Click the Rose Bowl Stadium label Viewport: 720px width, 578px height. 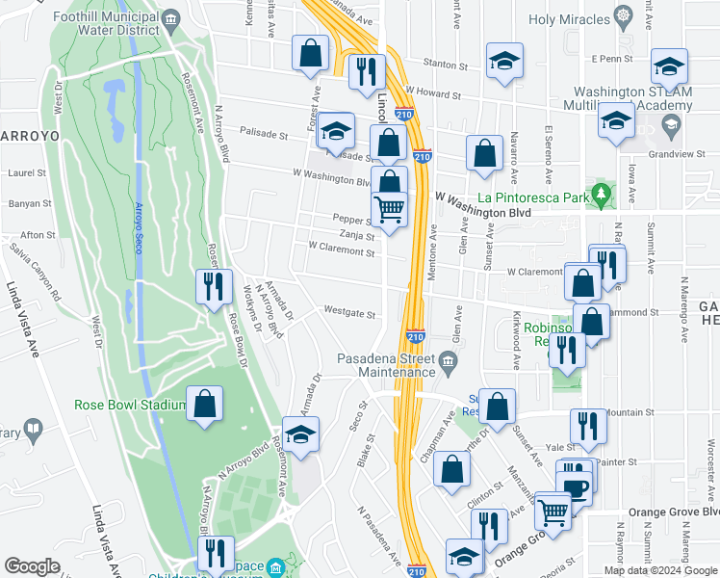pyautogui.click(x=129, y=405)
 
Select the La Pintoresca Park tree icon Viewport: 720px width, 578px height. pyautogui.click(x=603, y=196)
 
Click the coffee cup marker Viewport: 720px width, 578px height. pyautogui.click(x=577, y=487)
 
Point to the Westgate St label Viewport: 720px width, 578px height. pyautogui.click(x=348, y=312)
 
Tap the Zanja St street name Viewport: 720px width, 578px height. pyautogui.click(x=355, y=235)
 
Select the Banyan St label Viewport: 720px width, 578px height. pyautogui.click(x=27, y=203)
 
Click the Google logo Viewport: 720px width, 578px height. pyautogui.click(x=32, y=566)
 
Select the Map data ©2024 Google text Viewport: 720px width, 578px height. pyautogui.click(x=659, y=570)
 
